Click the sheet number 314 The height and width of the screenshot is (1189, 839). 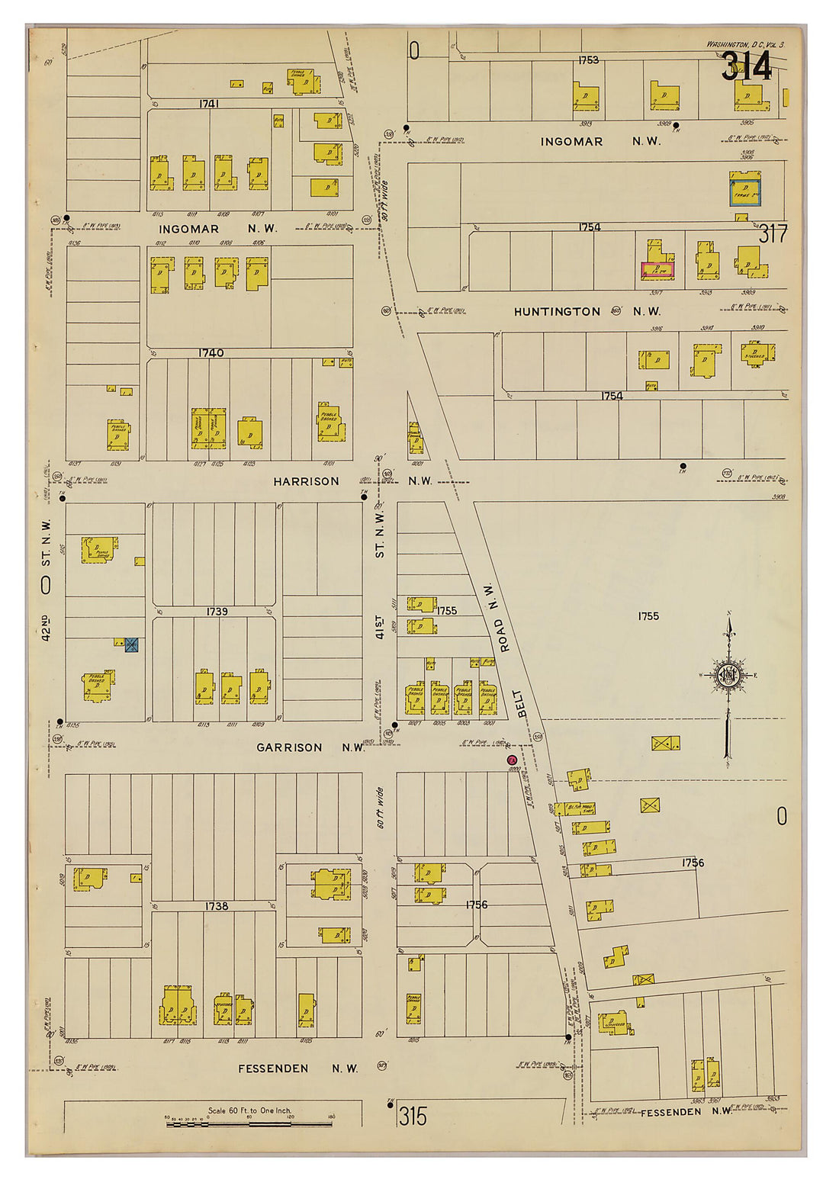point(747,67)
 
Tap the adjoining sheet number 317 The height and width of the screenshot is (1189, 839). point(772,234)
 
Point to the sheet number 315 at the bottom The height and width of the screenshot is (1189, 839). point(413,1117)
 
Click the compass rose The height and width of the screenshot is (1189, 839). point(729,676)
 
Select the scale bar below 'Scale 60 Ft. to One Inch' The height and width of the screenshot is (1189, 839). point(249,1123)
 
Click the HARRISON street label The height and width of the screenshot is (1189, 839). point(306,481)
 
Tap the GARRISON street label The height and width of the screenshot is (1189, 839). point(289,747)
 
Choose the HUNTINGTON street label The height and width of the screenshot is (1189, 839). point(557,312)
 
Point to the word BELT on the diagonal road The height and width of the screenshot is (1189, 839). point(521,703)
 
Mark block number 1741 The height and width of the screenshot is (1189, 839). point(209,103)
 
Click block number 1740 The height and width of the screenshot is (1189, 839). point(211,353)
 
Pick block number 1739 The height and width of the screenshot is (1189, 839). point(217,612)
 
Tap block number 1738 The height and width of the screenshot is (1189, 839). point(216,906)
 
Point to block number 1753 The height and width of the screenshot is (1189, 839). point(588,59)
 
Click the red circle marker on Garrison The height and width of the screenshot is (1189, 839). point(512,760)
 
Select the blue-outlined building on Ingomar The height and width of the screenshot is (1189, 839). point(745,191)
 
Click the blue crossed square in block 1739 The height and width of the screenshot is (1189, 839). point(131,645)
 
